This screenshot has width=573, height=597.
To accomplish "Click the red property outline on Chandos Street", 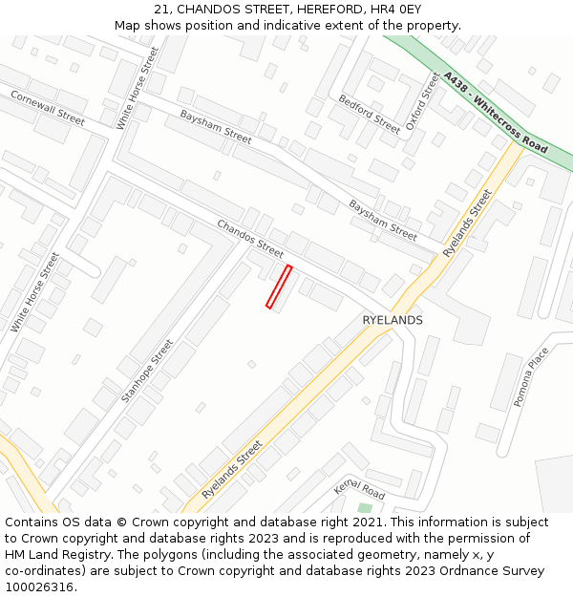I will coord(279,287).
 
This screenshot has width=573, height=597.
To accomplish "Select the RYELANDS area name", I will coord(393,320).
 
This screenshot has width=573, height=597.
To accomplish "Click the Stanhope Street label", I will coord(148,371).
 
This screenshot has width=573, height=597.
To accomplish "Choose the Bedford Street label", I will coord(370,114).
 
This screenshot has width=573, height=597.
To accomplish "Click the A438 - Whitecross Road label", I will coord(496,112).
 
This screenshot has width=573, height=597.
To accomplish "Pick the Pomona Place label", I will coord(532,376).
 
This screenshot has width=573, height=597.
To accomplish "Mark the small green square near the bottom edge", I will coord(364,508).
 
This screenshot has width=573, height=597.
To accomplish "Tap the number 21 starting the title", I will coord(160,10).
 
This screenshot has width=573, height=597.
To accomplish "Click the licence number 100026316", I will coord(39,587).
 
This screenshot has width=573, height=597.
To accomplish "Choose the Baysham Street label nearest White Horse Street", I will coord(216,126).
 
